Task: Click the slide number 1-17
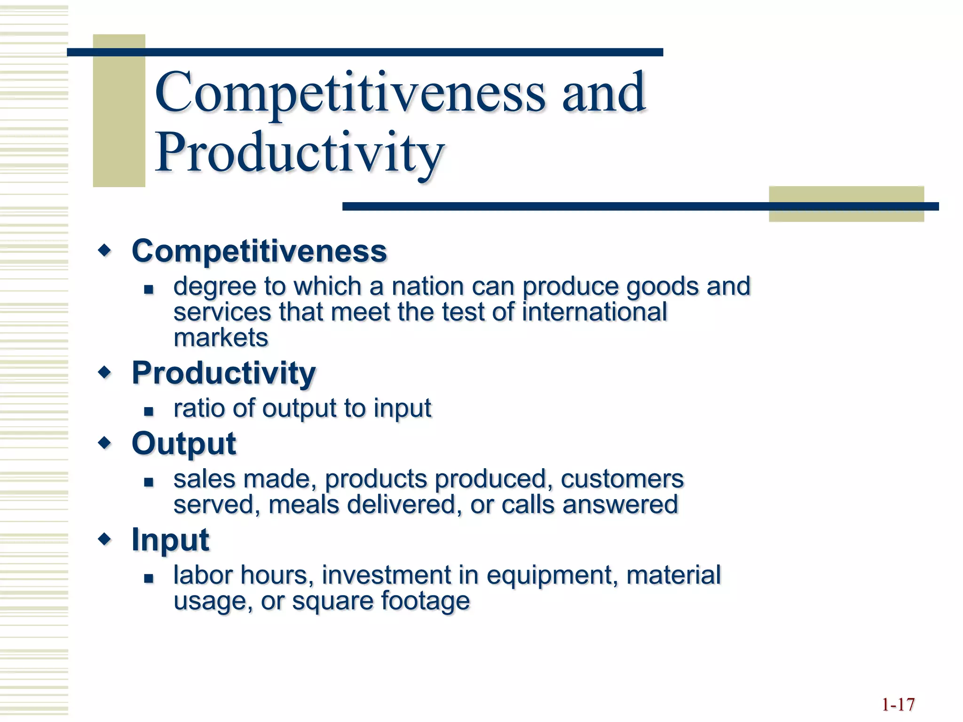tap(898, 705)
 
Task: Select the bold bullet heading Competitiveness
tap(259, 251)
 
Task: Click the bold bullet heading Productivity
tap(223, 373)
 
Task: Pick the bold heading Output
tap(183, 443)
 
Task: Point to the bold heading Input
tap(170, 540)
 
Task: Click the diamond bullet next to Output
tap(105, 442)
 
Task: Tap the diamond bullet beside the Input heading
tap(105, 539)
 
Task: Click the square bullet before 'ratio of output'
tap(149, 412)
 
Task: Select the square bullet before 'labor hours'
tap(149, 579)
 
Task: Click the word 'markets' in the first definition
tap(221, 338)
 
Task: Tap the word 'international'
tap(594, 312)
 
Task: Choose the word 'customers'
tap(622, 479)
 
